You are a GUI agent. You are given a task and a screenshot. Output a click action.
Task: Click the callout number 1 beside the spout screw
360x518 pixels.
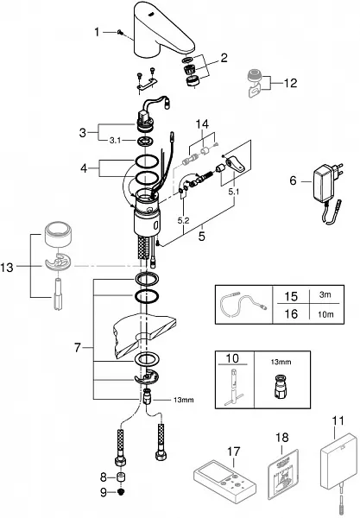click(97, 32)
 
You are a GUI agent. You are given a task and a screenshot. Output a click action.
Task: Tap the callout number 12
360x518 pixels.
click(290, 83)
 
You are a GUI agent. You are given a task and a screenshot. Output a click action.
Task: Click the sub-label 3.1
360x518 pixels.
click(115, 141)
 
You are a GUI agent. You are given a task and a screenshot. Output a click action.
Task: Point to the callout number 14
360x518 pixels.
click(202, 124)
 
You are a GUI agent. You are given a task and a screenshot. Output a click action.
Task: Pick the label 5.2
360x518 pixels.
click(183, 220)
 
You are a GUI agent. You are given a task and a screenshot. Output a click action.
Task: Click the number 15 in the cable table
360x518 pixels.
click(291, 296)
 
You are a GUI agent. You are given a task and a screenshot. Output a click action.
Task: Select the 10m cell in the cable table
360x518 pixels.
click(325, 314)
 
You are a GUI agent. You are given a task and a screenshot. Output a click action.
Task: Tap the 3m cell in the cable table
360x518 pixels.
click(325, 294)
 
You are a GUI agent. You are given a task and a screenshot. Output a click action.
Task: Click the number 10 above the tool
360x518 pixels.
click(232, 358)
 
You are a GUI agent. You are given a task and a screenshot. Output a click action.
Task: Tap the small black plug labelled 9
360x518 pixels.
click(122, 492)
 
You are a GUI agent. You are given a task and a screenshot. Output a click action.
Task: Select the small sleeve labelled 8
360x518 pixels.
click(122, 477)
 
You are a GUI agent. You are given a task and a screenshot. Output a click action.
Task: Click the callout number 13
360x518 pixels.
click(7, 268)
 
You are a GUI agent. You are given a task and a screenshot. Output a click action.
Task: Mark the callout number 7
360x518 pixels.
click(78, 348)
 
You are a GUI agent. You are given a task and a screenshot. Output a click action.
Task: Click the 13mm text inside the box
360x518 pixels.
click(281, 362)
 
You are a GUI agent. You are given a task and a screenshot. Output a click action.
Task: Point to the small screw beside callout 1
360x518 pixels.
click(120, 32)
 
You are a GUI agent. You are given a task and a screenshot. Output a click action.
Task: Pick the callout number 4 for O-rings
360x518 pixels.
click(84, 168)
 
